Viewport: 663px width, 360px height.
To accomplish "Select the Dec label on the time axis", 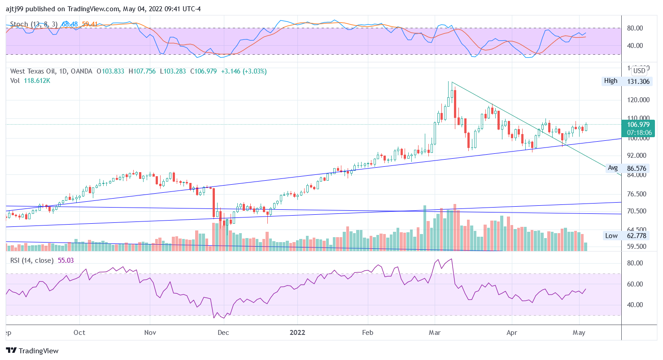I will coord(223,333).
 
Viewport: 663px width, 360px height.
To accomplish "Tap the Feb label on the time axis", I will coord(367,333).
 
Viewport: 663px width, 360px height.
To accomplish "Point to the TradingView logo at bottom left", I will coord(32,351).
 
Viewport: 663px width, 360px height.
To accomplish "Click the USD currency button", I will coord(639,70).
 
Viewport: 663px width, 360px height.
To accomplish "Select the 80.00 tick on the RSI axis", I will coord(635,263).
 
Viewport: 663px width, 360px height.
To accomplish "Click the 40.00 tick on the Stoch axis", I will coord(635,46).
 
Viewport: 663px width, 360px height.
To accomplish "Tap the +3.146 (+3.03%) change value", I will coord(244,71).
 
